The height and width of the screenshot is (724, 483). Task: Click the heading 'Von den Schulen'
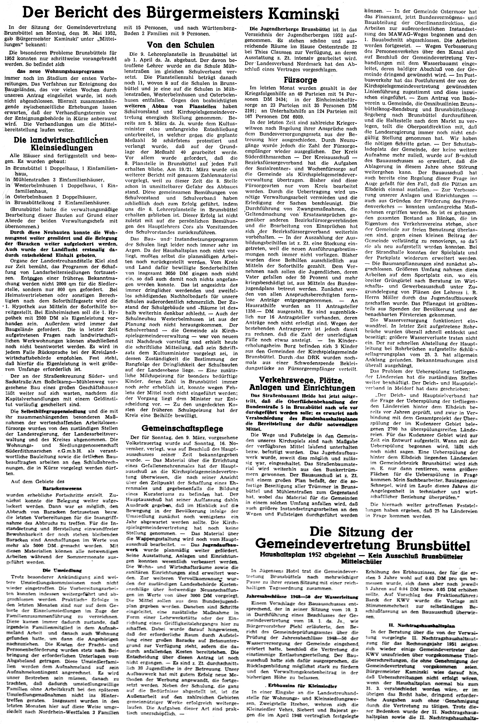[x=180, y=45]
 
